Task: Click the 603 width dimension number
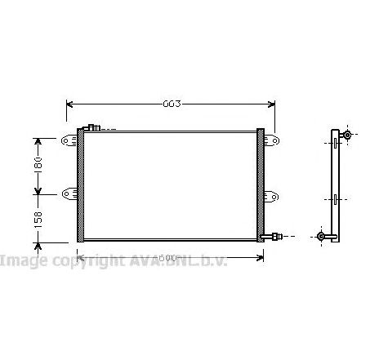pos(170,104)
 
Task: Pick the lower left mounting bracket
pos(68,193)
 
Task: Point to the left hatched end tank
pos(81,184)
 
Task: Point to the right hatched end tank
pos(261,184)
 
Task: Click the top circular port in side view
pos(346,135)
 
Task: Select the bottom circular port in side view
pos(321,237)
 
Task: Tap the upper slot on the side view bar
pos(334,143)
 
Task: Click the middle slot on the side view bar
pos(334,198)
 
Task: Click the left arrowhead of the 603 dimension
pos(69,104)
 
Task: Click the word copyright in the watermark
pos(78,260)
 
